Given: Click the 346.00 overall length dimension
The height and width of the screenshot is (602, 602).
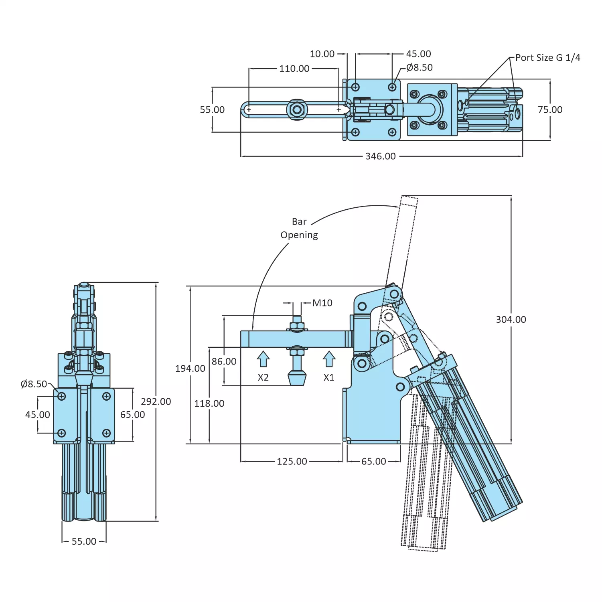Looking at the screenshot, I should tap(380, 156).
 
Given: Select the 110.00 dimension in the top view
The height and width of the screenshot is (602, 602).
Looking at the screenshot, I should tap(294, 69).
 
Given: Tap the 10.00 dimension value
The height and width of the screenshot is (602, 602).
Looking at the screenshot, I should tap(322, 54).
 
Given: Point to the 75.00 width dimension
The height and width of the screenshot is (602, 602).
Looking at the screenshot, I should tap(550, 109).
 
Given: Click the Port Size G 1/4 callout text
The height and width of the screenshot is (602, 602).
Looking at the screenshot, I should tap(547, 58).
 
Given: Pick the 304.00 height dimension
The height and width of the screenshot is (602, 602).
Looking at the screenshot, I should tap(511, 320).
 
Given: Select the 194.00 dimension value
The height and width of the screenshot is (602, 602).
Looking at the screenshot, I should tap(190, 369).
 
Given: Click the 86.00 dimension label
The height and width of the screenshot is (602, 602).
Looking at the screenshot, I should tap(224, 361).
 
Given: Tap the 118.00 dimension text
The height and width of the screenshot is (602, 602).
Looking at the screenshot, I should tap(209, 403).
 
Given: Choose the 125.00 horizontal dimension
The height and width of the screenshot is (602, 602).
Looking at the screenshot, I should tap(292, 462).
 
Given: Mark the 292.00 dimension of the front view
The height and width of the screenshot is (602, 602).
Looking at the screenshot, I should tap(156, 401).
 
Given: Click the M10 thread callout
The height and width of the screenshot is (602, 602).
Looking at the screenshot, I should tap(322, 303).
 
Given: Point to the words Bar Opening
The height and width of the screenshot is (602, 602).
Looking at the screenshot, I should tap(299, 228).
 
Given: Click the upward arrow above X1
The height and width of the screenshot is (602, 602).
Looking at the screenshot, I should tap(329, 359).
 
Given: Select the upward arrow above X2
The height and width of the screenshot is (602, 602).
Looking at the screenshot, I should tap(263, 359).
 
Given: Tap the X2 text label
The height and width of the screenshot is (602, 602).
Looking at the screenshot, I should tap(263, 377).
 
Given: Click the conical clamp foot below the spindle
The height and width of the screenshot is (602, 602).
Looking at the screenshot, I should tap(297, 378).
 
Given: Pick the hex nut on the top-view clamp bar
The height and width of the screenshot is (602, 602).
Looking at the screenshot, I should tap(297, 109).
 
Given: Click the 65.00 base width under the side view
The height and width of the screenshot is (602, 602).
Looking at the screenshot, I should tap(373, 462).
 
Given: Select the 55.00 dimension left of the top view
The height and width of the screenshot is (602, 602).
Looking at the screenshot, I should tap(212, 109).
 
